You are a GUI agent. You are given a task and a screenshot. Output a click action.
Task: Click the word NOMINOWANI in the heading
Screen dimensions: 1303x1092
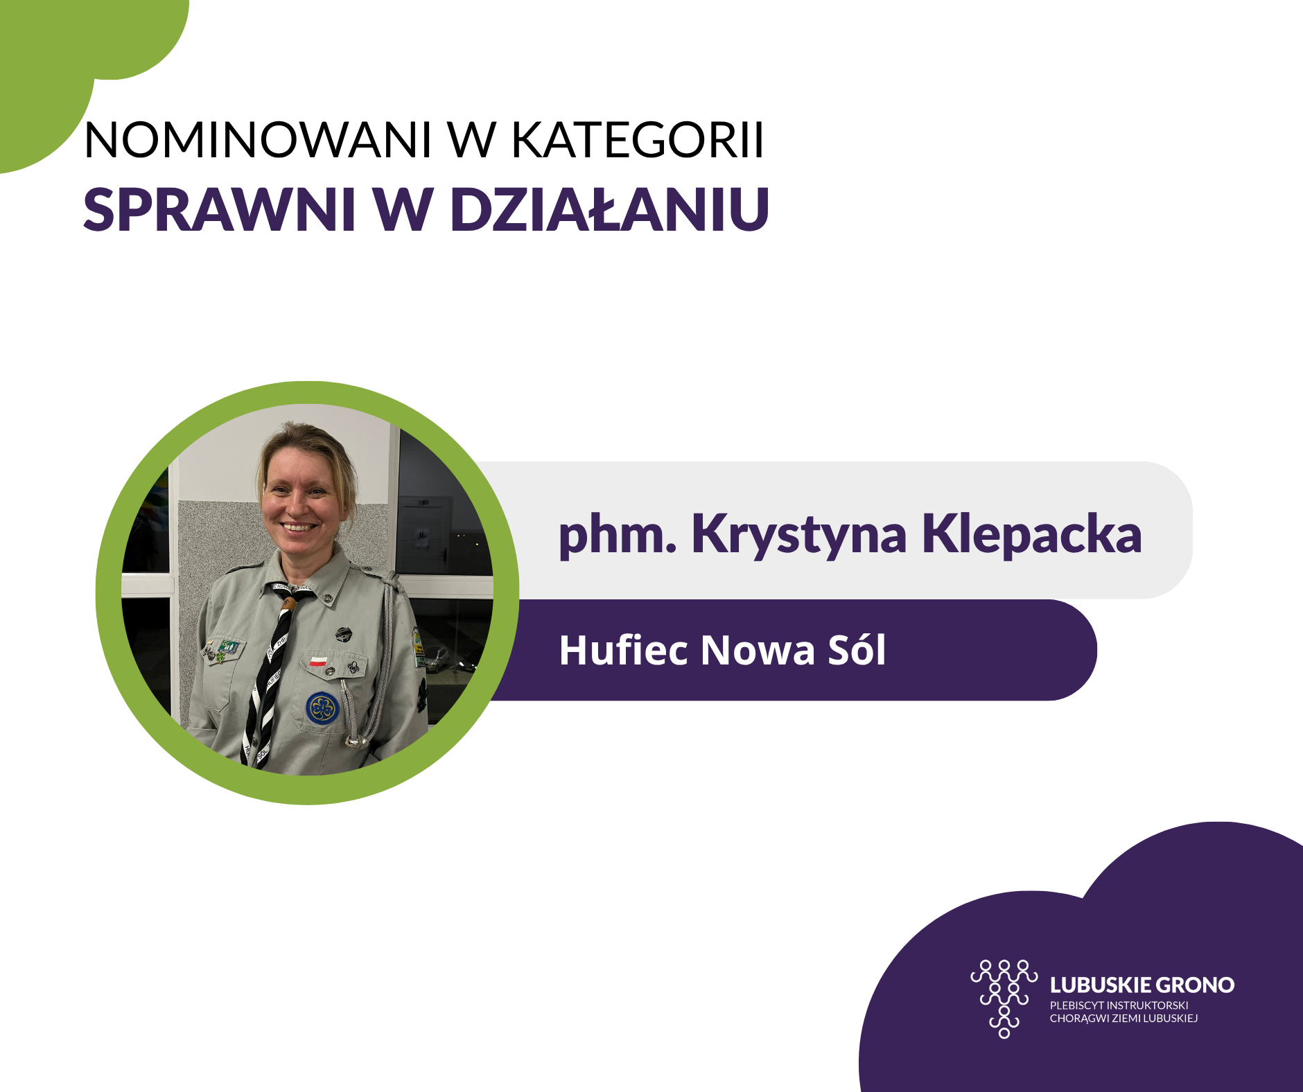257,140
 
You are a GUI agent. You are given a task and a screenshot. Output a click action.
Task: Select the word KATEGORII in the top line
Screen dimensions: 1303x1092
638,140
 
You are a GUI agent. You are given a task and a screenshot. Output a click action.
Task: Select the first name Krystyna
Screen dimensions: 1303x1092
799,535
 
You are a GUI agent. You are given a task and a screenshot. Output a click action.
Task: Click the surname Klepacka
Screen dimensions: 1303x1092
1032,535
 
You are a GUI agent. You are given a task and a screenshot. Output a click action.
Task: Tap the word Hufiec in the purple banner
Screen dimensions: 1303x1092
624,650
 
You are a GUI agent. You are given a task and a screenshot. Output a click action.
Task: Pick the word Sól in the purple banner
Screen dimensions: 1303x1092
857,650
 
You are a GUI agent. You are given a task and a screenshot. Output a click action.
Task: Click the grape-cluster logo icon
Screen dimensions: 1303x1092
1004,998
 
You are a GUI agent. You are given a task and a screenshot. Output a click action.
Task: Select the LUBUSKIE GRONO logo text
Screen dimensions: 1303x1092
1142,985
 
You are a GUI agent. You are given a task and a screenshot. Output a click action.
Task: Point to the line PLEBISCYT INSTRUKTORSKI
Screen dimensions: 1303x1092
1119,1005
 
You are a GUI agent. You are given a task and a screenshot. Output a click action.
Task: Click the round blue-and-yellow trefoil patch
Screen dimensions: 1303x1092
322,708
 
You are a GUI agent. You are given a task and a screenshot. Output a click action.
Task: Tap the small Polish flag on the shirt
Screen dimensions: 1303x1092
318,660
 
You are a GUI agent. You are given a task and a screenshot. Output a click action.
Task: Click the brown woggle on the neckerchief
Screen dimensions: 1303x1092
288,604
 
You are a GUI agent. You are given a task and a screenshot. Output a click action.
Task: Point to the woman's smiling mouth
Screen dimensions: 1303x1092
299,527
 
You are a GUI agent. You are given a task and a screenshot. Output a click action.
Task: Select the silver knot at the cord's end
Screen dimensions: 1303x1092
358,741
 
